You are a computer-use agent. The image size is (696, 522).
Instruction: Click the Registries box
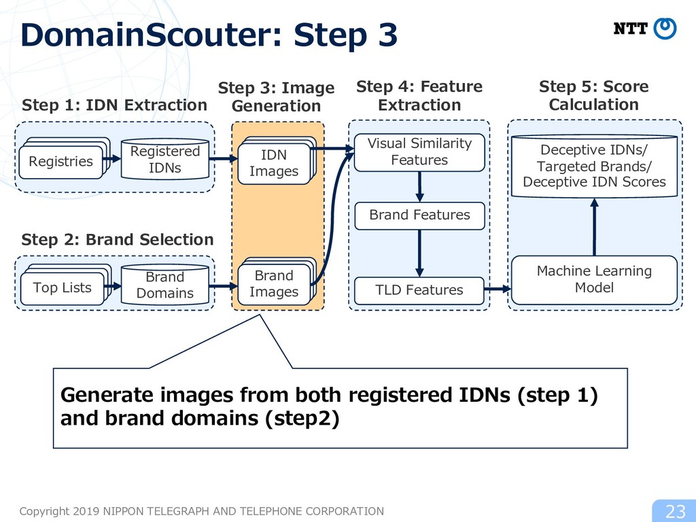pos(60,162)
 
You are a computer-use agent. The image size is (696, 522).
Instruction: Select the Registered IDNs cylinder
pos(165,159)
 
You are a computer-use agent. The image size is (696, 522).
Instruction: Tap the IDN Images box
pos(274,163)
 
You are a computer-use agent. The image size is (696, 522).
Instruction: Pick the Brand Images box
pos(274,284)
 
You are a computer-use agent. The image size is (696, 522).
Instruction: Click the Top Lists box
pos(62,288)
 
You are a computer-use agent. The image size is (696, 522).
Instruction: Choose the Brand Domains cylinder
pos(165,285)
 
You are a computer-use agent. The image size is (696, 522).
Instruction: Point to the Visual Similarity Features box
pos(419,152)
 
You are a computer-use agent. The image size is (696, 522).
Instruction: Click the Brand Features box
pos(419,215)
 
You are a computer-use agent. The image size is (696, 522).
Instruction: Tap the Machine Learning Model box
pos(594,280)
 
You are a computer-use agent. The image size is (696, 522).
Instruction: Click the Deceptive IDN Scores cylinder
pos(594,166)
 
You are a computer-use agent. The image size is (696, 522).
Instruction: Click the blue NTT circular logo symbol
pos(665,29)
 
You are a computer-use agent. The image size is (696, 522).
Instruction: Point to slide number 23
pos(676,512)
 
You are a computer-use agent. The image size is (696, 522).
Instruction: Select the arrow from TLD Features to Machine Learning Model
pos(498,290)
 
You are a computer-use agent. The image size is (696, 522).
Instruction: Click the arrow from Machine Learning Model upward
pos(594,227)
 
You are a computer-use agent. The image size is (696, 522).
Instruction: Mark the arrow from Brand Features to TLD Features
pos(419,254)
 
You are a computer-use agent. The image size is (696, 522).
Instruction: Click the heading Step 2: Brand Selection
pos(118,240)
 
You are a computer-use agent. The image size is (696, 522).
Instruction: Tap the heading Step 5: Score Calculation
pos(594,95)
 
